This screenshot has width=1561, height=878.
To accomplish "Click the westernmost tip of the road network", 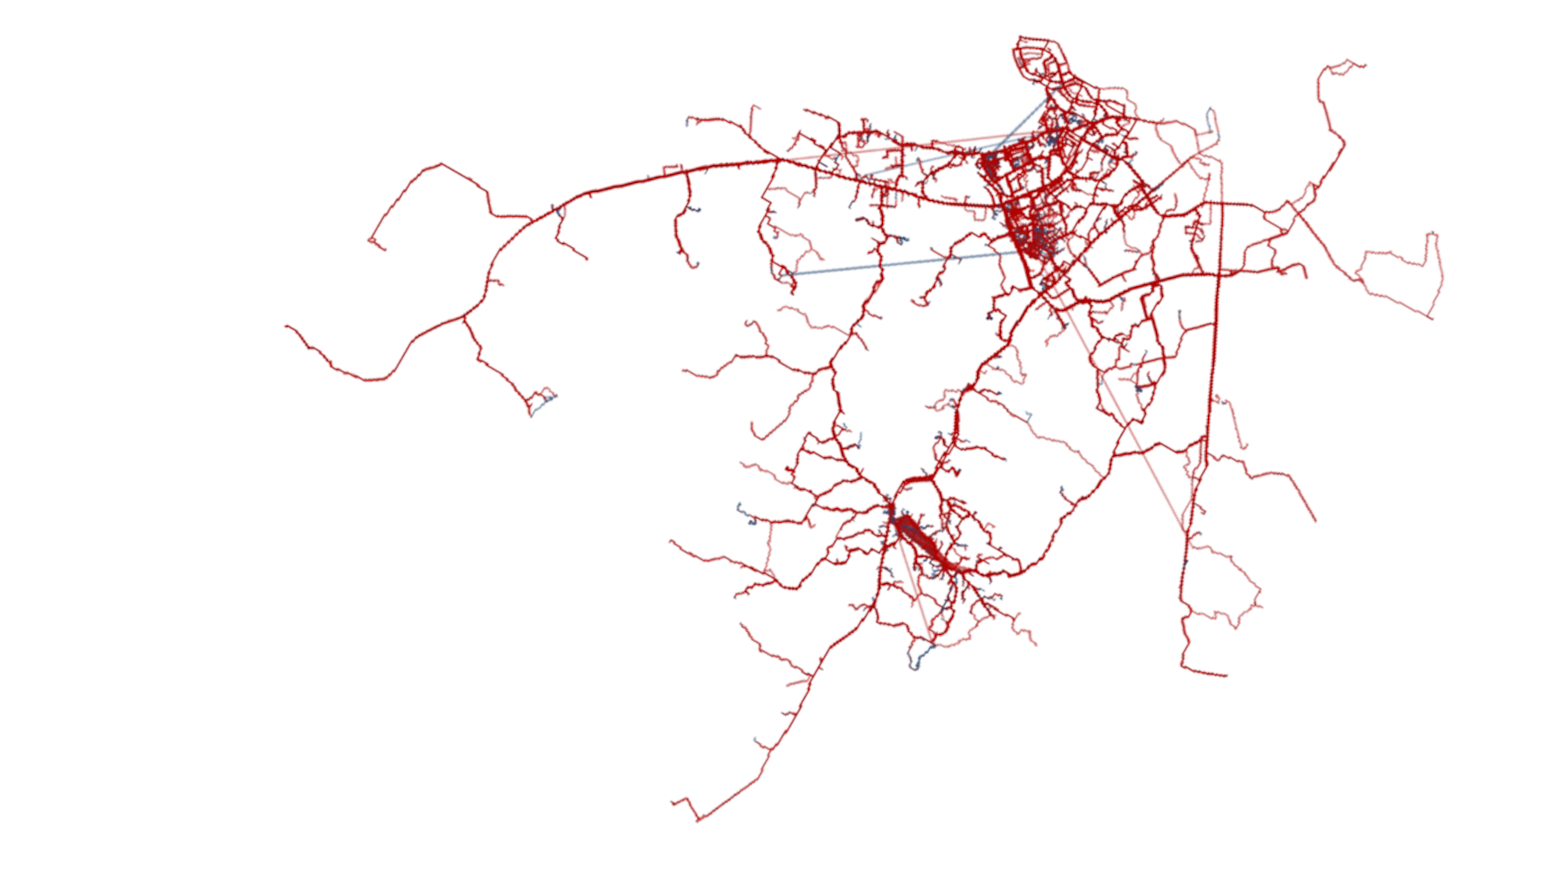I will (x=286, y=327).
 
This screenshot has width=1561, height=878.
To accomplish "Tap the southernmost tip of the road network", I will (x=698, y=819).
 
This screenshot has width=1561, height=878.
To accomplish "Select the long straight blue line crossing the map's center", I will (x=902, y=263).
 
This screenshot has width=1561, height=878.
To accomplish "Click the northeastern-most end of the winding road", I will (x=1363, y=64).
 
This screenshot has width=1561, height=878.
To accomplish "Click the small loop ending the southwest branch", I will (x=541, y=401).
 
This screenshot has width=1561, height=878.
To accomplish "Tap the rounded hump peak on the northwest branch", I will (x=440, y=165).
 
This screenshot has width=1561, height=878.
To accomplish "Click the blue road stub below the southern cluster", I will (x=919, y=657).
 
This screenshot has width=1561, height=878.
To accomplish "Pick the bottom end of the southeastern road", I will (x=1224, y=675).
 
